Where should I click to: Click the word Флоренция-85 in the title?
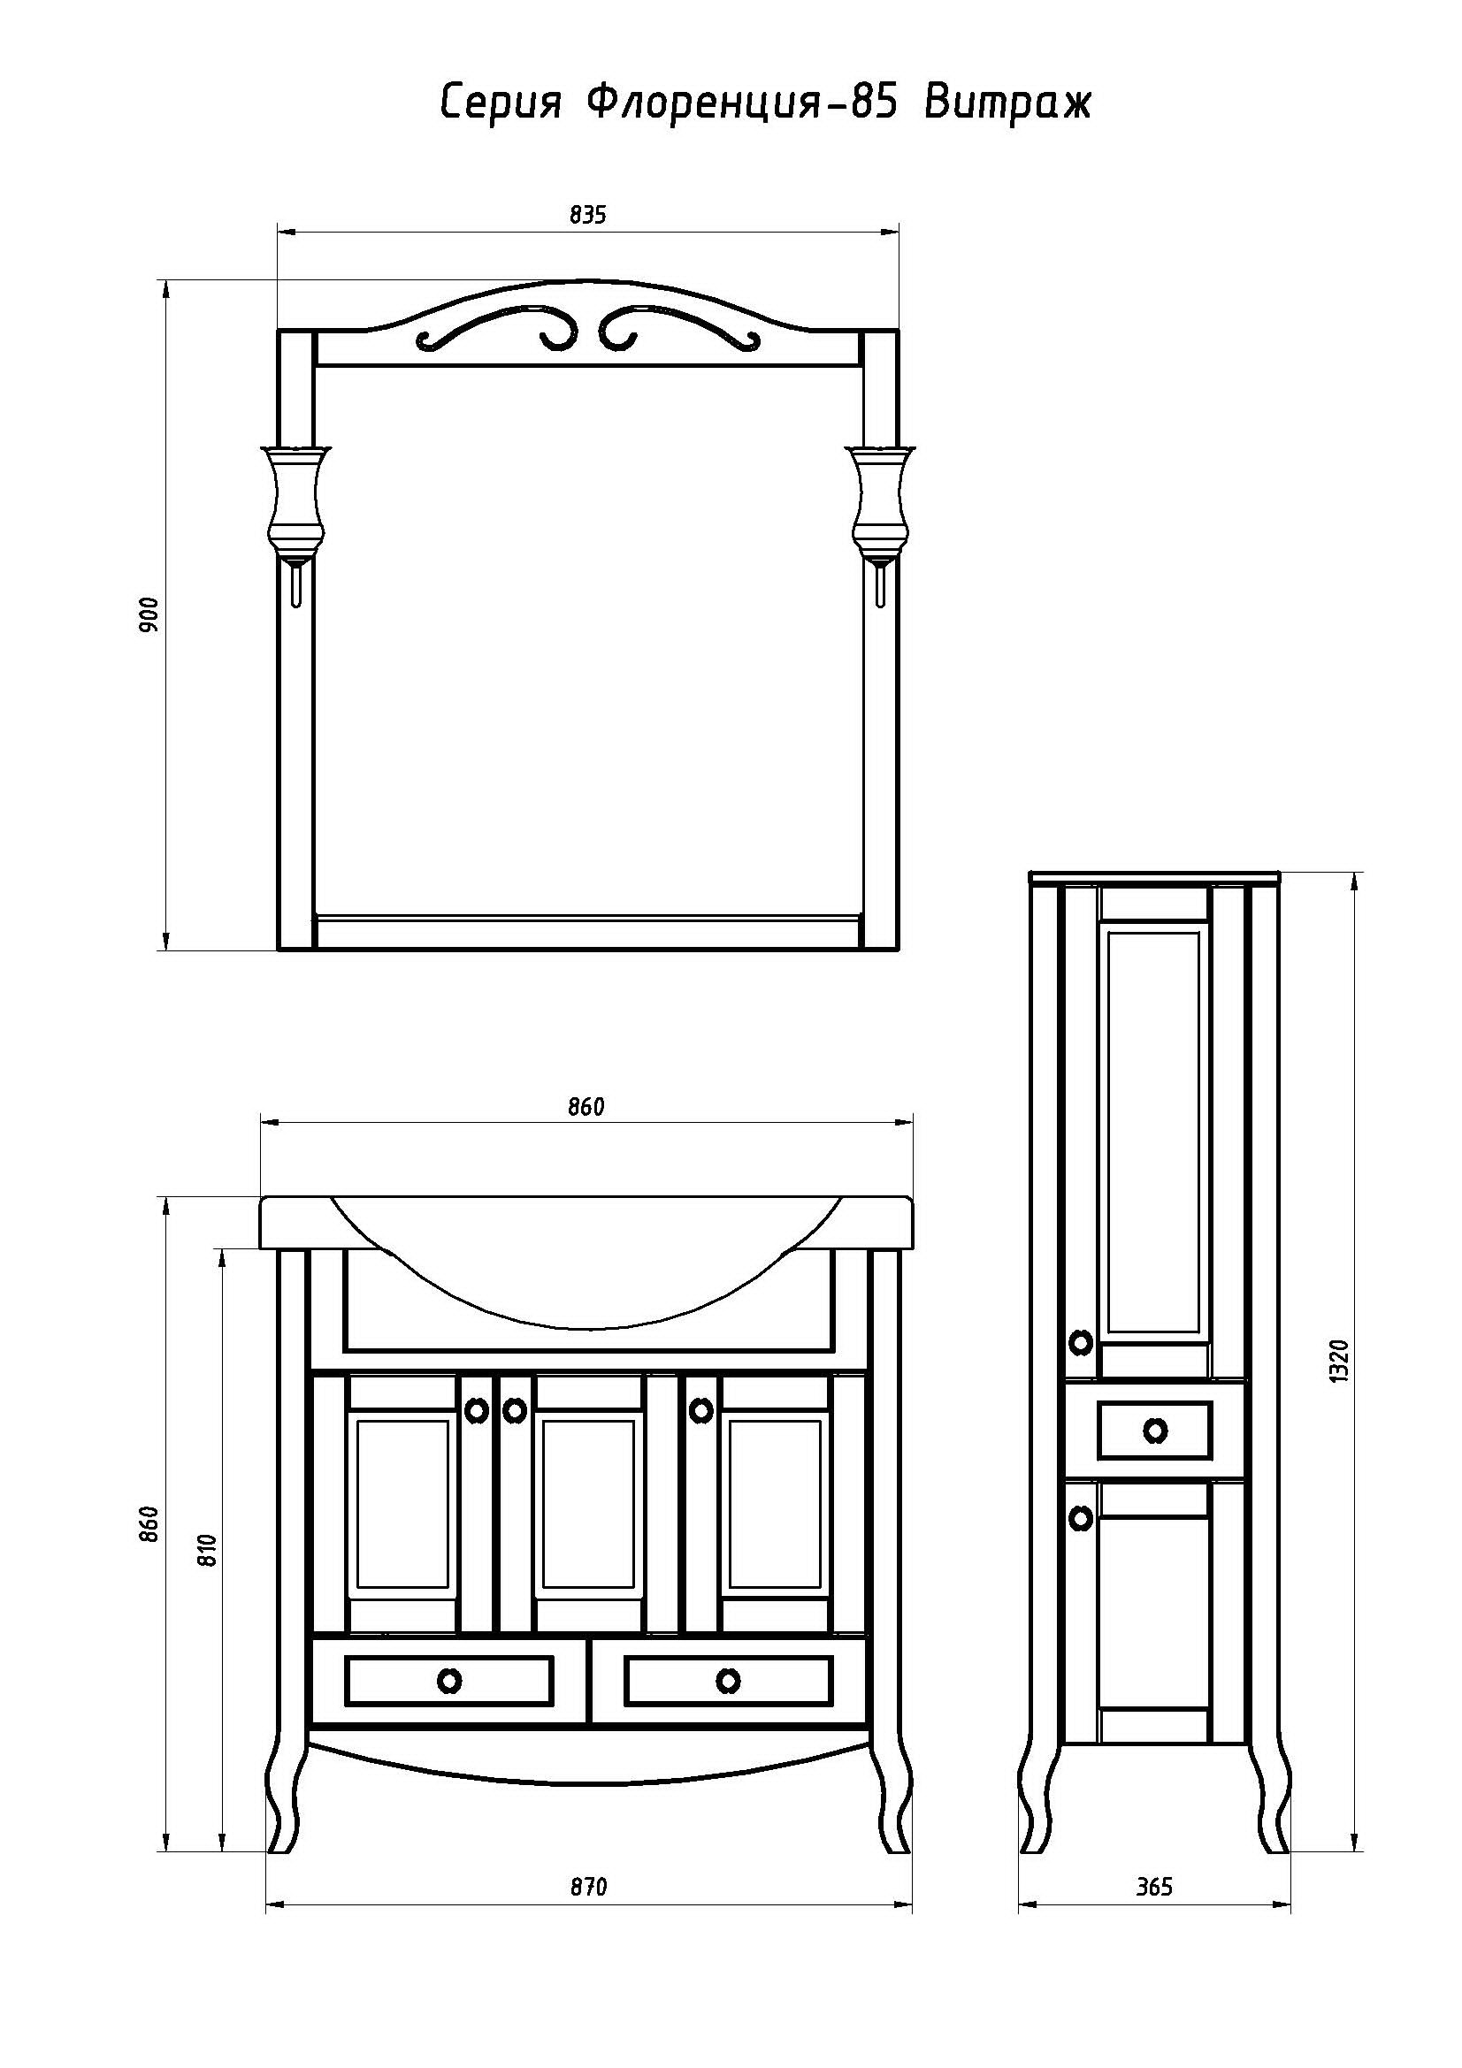741,103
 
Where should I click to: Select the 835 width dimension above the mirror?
587,215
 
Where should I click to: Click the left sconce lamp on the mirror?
295,518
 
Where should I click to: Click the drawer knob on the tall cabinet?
1154,1430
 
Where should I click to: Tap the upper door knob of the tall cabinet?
1080,1343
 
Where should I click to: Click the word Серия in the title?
500,103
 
